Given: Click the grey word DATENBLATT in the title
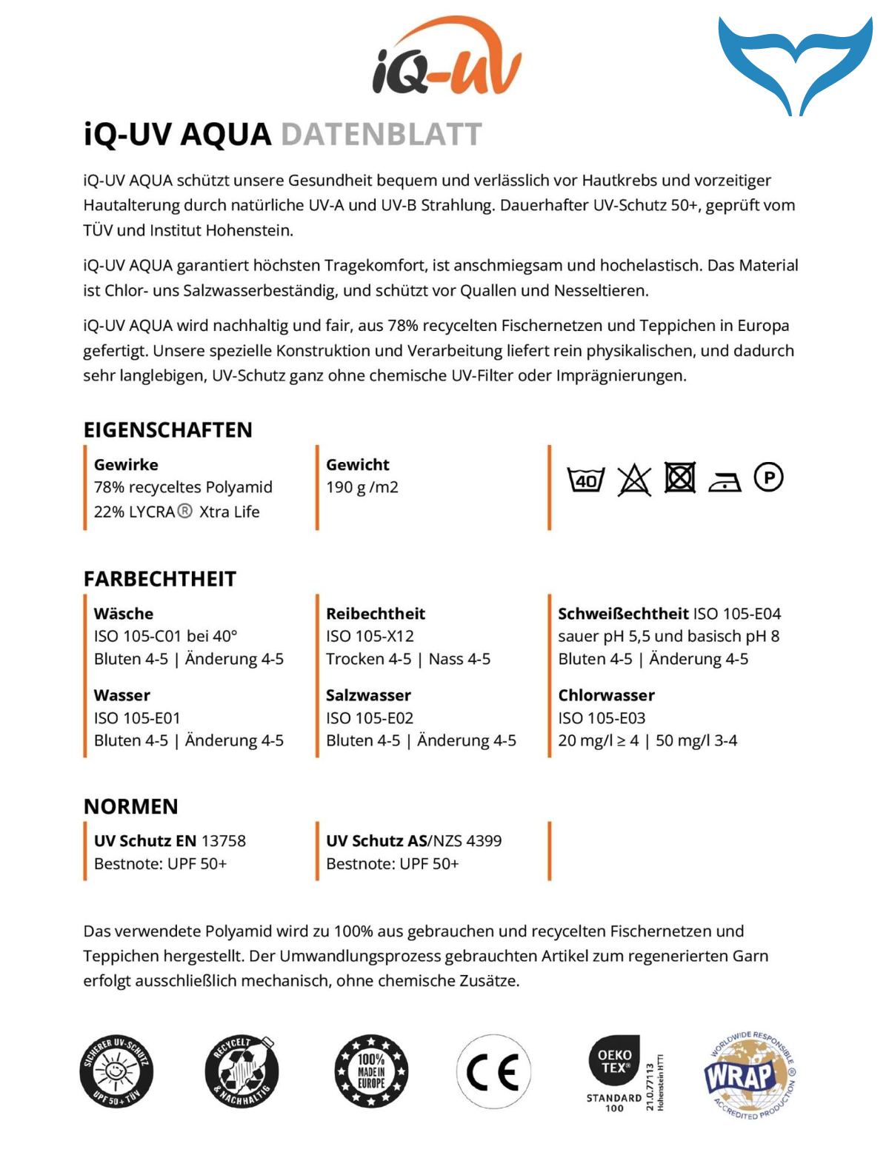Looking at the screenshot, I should (381, 135).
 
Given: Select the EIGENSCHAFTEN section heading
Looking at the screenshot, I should (167, 430).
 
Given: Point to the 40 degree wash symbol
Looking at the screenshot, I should (585, 480).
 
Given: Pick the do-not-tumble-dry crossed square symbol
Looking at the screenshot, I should (679, 478).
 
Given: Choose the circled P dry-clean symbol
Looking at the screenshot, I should (768, 478).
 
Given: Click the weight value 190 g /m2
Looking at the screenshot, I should (362, 487).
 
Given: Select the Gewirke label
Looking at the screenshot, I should (126, 465).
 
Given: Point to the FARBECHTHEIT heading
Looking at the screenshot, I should (160, 579).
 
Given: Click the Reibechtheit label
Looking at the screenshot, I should (376, 614).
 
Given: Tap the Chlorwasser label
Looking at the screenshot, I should (606, 695).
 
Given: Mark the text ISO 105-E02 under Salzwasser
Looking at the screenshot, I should (370, 718).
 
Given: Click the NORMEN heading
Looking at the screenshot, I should (131, 806).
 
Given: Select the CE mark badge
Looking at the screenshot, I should (493, 1071).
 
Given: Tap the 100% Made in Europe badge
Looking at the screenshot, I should (371, 1071).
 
